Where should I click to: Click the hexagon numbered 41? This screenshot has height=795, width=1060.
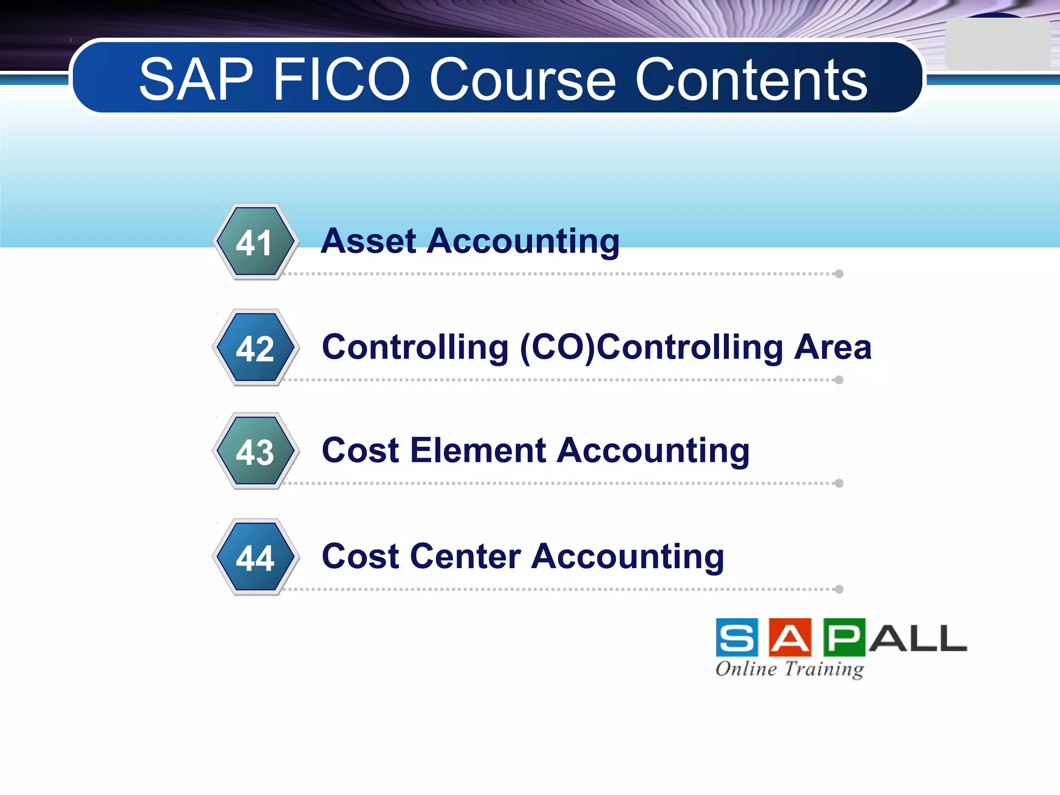click(255, 242)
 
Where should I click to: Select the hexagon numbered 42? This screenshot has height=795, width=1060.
click(255, 348)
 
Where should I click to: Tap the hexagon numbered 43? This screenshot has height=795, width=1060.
click(255, 451)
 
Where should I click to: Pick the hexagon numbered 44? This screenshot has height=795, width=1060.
click(255, 557)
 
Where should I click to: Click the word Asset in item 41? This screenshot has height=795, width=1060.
click(369, 241)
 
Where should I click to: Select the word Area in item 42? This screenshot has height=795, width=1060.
click(833, 347)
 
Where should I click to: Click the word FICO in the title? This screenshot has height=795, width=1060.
click(342, 80)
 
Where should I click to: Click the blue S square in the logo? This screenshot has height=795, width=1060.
click(737, 638)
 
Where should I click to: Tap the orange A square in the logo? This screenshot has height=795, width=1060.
click(790, 638)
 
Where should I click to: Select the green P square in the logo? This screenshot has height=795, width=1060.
click(844, 638)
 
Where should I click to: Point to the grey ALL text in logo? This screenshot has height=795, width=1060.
click(917, 639)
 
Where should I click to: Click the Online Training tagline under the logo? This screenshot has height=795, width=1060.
click(790, 669)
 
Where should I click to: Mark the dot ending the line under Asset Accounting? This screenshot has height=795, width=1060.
click(839, 274)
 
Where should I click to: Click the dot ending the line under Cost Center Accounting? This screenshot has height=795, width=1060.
click(839, 589)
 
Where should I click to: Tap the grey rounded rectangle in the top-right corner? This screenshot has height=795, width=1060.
click(997, 45)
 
